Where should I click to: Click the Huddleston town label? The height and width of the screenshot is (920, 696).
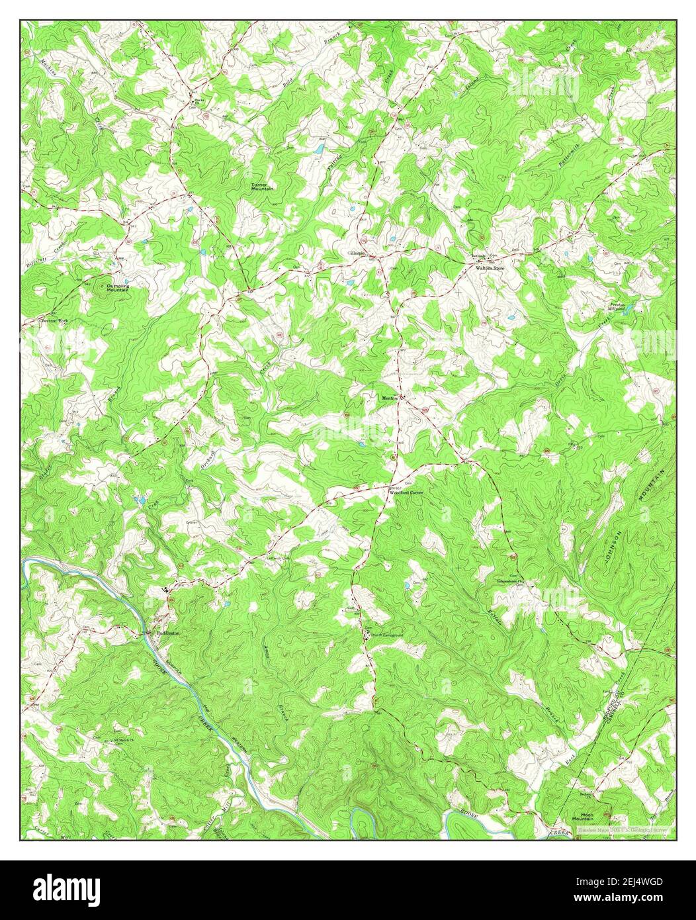(x=168, y=633)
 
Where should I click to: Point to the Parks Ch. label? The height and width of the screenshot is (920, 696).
(x=197, y=102)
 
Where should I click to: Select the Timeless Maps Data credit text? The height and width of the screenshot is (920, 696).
(x=621, y=829)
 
